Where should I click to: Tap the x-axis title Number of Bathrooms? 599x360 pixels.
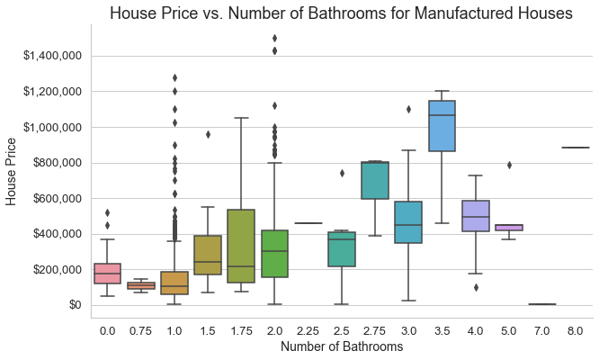pyautogui.click(x=341, y=346)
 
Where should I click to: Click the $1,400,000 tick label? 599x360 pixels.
pyautogui.click(x=52, y=57)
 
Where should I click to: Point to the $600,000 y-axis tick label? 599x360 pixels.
pyautogui.click(x=57, y=199)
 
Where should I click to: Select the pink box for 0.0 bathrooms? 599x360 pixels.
pyautogui.click(x=107, y=273)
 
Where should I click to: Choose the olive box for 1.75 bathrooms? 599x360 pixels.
pyautogui.click(x=241, y=246)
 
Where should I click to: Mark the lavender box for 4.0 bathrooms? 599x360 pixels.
pyautogui.click(x=475, y=216)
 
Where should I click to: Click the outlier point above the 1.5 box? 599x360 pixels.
pyautogui.click(x=208, y=134)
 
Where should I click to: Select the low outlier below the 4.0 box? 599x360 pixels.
pyautogui.click(x=475, y=287)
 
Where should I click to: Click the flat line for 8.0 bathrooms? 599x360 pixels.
pyautogui.click(x=575, y=148)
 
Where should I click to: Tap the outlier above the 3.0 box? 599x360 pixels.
pyautogui.click(x=408, y=109)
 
